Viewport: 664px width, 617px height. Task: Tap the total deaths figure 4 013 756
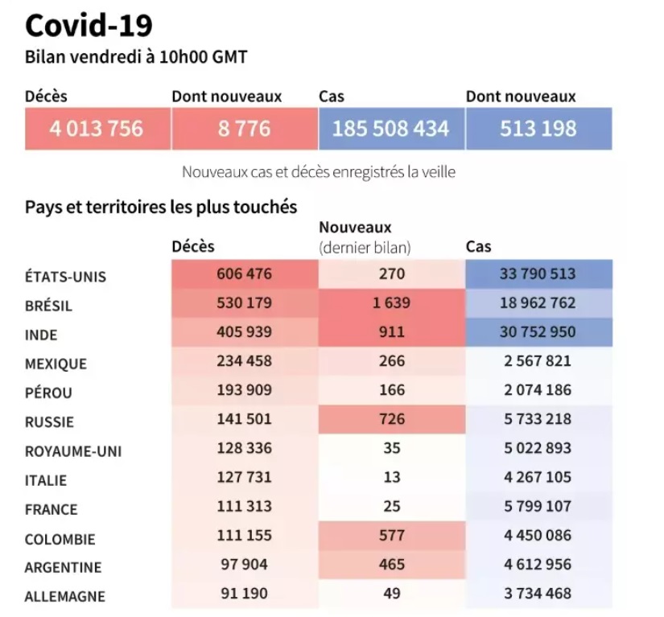pyautogui.click(x=97, y=128)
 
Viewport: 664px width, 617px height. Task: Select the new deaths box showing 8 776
pyautogui.click(x=244, y=128)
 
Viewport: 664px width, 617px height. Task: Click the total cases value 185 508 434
pyautogui.click(x=390, y=128)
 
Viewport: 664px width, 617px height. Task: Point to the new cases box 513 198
pyautogui.click(x=538, y=128)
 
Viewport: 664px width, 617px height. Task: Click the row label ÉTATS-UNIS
pyautogui.click(x=66, y=277)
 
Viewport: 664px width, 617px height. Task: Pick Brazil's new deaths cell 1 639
pyautogui.click(x=392, y=303)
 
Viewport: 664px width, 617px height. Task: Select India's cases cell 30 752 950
pyautogui.click(x=538, y=332)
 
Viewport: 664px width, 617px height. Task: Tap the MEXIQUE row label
pyautogui.click(x=56, y=364)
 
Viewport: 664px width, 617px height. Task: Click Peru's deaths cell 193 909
pyautogui.click(x=245, y=390)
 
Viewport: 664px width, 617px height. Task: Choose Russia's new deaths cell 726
pyautogui.click(x=392, y=419)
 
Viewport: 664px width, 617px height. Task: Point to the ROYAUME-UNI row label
pyautogui.click(x=73, y=451)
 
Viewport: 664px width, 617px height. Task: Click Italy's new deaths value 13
pyautogui.click(x=392, y=477)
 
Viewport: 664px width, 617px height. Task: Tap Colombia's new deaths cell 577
pyautogui.click(x=392, y=535)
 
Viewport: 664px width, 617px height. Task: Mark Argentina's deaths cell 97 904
pyautogui.click(x=245, y=564)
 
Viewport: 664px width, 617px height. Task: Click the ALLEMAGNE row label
pyautogui.click(x=65, y=597)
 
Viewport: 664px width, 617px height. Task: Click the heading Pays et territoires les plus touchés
pyautogui.click(x=161, y=207)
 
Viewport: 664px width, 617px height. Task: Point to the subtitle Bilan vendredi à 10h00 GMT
pyautogui.click(x=136, y=57)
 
